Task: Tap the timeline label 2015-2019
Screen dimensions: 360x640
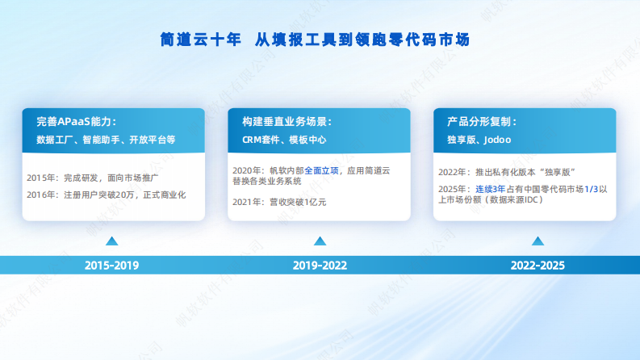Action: (x=112, y=265)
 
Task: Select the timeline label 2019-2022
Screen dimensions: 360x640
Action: (x=320, y=265)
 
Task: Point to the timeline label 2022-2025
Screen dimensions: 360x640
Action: (x=537, y=265)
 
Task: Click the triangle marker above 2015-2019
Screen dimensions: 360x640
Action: (x=112, y=241)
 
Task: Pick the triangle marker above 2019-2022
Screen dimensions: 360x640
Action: (x=320, y=241)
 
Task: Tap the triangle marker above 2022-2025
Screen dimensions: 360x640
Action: (x=537, y=241)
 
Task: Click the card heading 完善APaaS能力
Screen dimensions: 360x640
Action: (x=76, y=122)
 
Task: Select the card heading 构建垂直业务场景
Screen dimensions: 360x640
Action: (x=287, y=122)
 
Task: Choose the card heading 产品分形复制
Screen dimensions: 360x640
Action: (x=482, y=122)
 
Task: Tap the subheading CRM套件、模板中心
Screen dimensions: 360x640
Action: (x=284, y=140)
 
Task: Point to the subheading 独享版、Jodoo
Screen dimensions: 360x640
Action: (x=479, y=140)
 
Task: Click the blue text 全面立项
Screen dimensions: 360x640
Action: (x=321, y=171)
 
